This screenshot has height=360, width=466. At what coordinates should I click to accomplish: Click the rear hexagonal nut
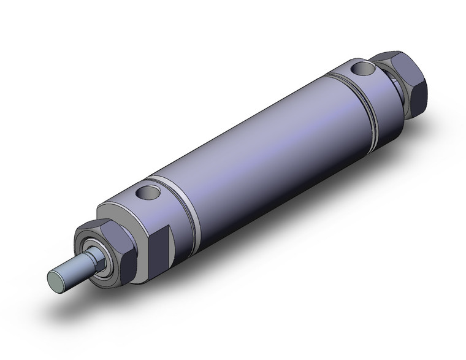(x=402, y=80)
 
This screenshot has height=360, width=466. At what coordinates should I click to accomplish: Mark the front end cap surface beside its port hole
(x=132, y=202)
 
